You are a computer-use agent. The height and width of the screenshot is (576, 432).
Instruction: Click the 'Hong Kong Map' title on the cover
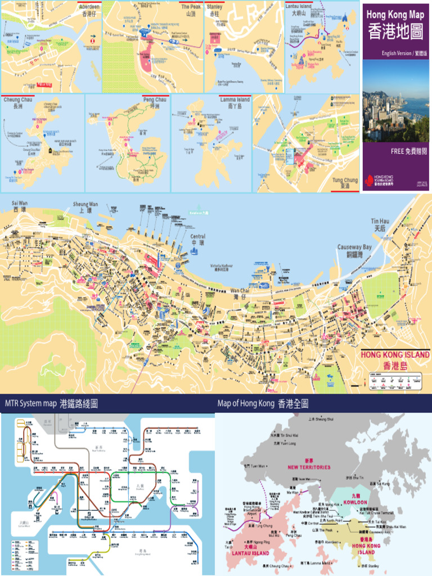(395, 15)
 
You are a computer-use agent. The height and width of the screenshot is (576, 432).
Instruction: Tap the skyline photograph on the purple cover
(395, 100)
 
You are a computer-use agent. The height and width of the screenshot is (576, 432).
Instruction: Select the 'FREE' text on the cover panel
(398, 151)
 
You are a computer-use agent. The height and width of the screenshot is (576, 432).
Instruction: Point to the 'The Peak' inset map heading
(191, 7)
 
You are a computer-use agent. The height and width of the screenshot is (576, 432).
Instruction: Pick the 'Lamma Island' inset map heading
(235, 100)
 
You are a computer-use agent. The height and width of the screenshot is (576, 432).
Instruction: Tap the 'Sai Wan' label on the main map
(20, 203)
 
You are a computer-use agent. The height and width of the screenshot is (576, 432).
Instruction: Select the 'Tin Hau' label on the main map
(380, 222)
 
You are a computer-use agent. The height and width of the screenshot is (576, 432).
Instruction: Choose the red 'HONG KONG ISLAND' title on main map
(395, 355)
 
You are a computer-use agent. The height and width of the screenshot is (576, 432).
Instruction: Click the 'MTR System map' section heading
(31, 403)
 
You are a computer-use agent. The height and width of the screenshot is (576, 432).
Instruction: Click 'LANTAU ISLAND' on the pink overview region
(250, 553)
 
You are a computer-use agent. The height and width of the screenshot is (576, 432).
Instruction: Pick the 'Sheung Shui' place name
(324, 419)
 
